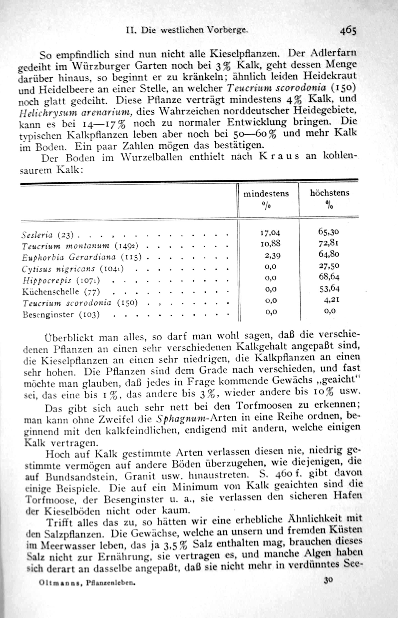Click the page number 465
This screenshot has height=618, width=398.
tap(348, 31)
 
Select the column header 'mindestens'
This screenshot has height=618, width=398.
tap(266, 194)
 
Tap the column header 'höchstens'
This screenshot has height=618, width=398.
tap(330, 193)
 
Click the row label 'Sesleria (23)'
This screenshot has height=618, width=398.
tap(48, 235)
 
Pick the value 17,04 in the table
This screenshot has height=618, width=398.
tap(270, 233)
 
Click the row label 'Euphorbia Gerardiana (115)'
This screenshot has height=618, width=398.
tap(82, 258)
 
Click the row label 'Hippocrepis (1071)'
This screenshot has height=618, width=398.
tap(61, 281)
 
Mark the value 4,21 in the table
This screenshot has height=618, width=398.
tap(331, 300)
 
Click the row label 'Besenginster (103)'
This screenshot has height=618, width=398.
tap(61, 315)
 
